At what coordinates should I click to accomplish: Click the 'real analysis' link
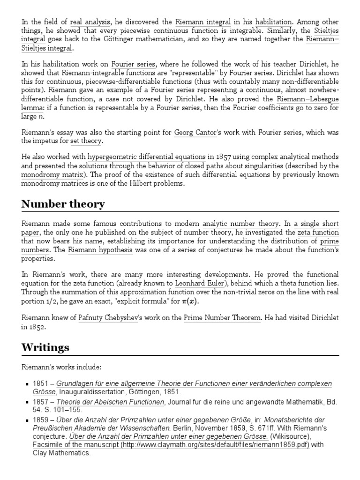click(x=90, y=22)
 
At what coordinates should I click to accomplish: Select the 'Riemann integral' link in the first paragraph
click(x=197, y=22)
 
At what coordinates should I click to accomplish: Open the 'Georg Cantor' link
click(x=195, y=133)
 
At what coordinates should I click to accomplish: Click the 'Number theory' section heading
click(x=63, y=204)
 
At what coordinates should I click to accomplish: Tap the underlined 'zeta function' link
click(x=318, y=232)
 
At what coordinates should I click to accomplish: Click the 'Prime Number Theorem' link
click(x=222, y=318)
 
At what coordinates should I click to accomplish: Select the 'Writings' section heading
click(x=45, y=348)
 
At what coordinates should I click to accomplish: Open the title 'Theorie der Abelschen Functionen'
click(x=111, y=402)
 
